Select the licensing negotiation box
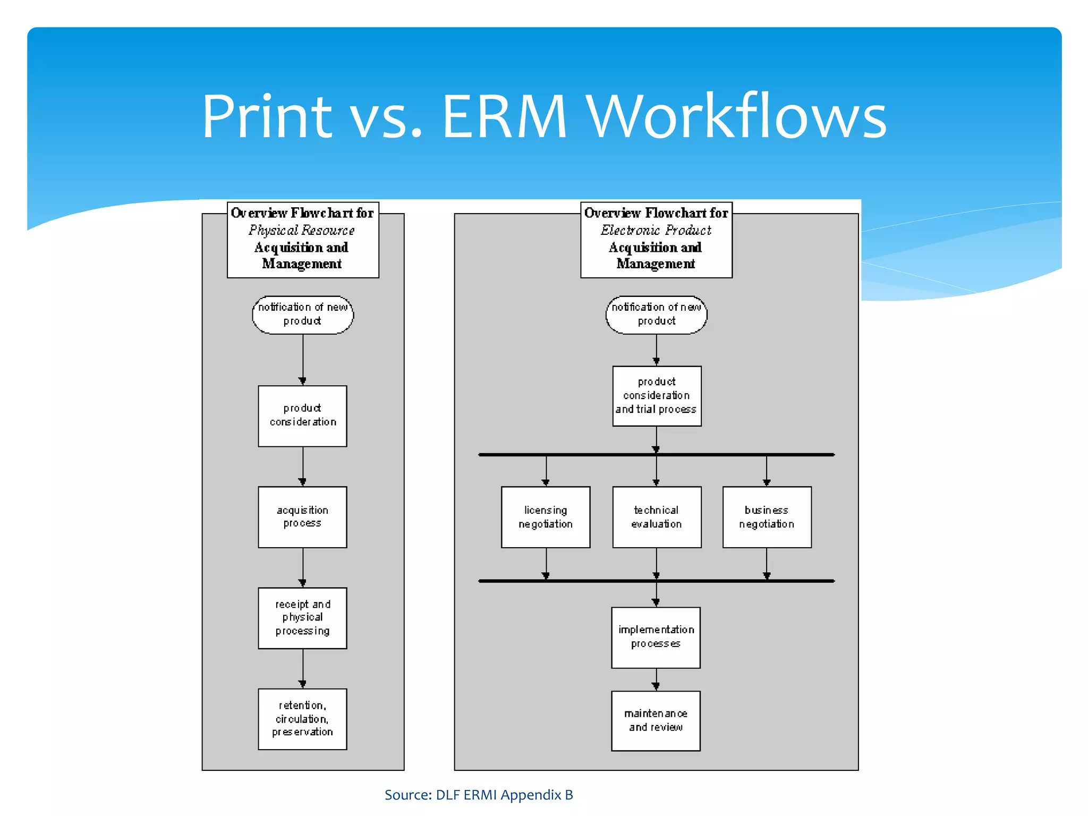[x=546, y=517]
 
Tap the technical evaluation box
[x=657, y=517]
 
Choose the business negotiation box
[x=767, y=517]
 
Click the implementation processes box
[x=656, y=637]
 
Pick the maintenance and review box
[x=656, y=720]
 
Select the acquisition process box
[x=302, y=517]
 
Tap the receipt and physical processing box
[x=302, y=618]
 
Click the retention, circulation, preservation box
[x=302, y=719]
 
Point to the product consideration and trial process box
[x=657, y=396]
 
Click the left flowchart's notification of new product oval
[x=302, y=314]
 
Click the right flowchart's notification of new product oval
[x=657, y=314]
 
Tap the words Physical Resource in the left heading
[x=301, y=231]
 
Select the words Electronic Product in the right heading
[x=656, y=231]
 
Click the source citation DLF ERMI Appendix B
[x=479, y=795]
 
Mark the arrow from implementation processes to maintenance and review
[x=656, y=680]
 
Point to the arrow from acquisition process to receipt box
[x=303, y=567]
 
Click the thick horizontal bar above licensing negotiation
[x=656, y=455]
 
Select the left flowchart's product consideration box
[x=302, y=415]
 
